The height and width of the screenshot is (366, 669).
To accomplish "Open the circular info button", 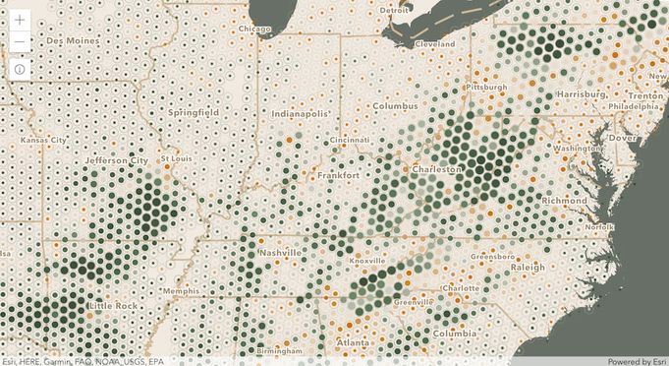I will click(x=21, y=70).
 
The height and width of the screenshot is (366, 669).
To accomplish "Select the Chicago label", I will click(x=253, y=30).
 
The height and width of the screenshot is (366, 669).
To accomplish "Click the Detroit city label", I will click(x=394, y=11).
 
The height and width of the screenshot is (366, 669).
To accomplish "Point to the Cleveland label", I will click(x=435, y=45).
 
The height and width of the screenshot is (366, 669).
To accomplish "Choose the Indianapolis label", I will click(x=302, y=114).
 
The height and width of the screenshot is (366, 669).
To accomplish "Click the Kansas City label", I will click(x=44, y=141).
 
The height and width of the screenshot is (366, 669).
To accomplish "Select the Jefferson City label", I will click(x=117, y=159).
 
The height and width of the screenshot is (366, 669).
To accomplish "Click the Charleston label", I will click(x=437, y=169).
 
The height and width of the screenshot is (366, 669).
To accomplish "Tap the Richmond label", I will click(x=564, y=201).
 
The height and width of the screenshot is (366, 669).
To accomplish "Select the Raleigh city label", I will click(x=528, y=268).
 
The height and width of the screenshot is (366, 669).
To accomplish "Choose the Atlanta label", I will click(x=354, y=342).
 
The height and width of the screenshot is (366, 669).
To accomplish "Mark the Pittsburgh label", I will click(x=486, y=88).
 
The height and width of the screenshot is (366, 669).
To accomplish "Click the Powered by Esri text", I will click(x=638, y=360).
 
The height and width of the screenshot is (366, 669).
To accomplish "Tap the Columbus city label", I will click(x=395, y=105).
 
